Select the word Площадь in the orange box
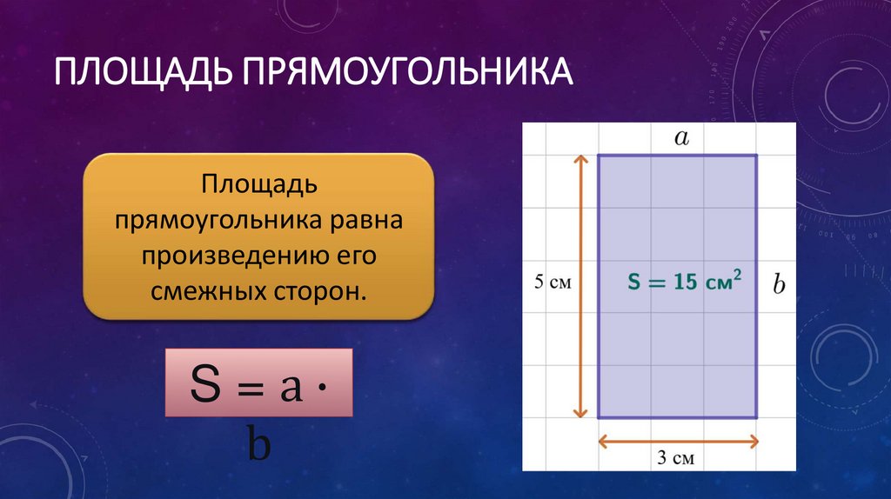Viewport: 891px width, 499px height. [258, 184]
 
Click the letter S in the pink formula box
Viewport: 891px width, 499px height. [205, 385]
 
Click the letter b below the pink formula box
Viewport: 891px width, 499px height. [259, 445]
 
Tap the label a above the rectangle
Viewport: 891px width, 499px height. [681, 136]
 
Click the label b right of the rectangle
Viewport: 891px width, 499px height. [779, 284]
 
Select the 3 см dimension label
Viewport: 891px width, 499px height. [676, 457]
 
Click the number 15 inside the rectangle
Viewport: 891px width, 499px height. [684, 283]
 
